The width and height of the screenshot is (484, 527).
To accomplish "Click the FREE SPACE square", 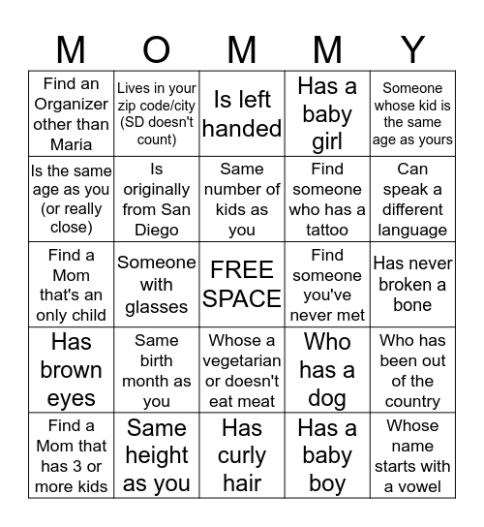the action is tap(242, 284).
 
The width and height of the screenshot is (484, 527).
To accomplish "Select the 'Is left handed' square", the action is tap(242, 113).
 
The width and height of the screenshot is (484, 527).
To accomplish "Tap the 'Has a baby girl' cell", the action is tap(327, 114).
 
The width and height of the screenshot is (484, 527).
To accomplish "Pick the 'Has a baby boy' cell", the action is tap(327, 455).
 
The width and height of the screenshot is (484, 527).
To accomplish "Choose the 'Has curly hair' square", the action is tap(242, 455).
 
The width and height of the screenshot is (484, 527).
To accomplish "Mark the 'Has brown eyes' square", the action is tap(71, 370).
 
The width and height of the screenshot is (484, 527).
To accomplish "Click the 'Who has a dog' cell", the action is tap(327, 370).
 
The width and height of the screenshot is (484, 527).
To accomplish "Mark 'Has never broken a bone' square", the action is tap(412, 284).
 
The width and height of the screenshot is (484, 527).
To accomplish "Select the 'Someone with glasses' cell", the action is tap(157, 284).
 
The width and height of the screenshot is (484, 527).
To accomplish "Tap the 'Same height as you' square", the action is tap(157, 455).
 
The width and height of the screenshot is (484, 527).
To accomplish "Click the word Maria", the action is tap(71, 144).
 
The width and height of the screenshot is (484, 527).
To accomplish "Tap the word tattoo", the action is tap(327, 231).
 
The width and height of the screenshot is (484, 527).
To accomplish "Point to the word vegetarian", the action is tap(242, 360).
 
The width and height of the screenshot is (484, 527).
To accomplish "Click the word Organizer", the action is tap(71, 105).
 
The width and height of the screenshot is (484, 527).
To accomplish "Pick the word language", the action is tap(412, 231).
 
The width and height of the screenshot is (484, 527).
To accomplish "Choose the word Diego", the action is tap(157, 231).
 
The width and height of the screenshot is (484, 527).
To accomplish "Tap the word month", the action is tap(157, 381).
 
